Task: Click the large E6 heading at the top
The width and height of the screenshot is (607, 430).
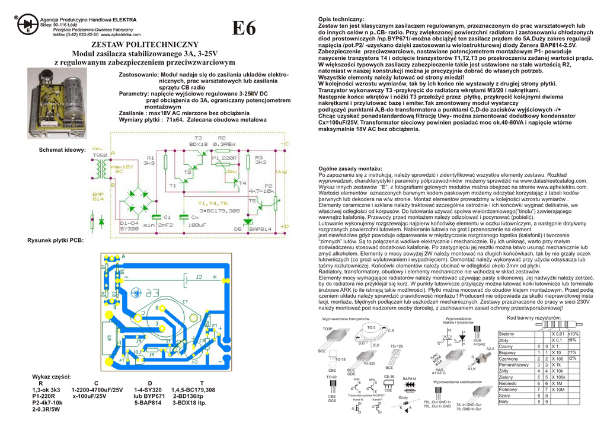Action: point(244,28)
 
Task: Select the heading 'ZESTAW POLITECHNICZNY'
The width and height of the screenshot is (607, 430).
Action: point(144,44)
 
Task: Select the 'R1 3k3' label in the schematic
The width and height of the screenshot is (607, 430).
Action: point(149,160)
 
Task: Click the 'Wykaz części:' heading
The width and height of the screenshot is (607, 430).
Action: point(53,377)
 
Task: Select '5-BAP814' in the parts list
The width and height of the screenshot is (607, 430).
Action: point(148,402)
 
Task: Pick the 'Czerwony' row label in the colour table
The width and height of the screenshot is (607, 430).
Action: point(510,359)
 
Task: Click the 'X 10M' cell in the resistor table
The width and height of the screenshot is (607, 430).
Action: point(559,389)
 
